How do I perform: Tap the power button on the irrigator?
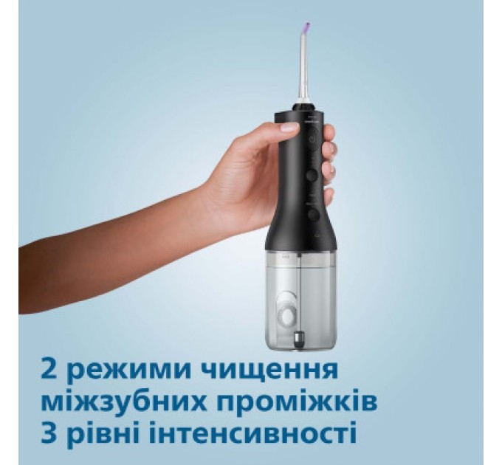pyautogui.click(x=312, y=137)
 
